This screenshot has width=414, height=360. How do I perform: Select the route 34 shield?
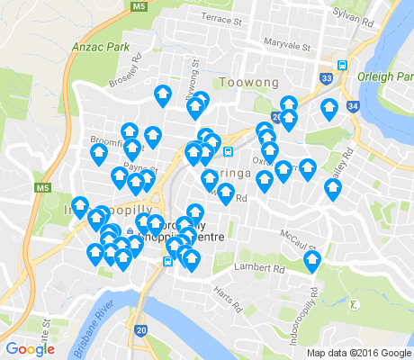pyautogui.click(x=352, y=106)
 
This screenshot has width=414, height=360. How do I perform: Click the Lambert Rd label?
pyautogui.click(x=258, y=267)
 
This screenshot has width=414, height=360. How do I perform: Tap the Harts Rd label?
pyautogui.click(x=230, y=299)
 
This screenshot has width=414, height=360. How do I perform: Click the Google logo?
pyautogui.click(x=30, y=349)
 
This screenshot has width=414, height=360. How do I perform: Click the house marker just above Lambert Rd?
pyautogui.click(x=312, y=261)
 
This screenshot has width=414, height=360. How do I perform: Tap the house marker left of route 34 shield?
pyautogui.click(x=329, y=109)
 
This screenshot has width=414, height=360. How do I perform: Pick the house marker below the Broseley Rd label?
pyautogui.click(x=163, y=94)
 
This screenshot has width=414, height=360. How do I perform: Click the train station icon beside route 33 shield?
pyautogui.click(x=342, y=64)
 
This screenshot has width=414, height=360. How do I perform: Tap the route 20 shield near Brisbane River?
pyautogui.click(x=141, y=330)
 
